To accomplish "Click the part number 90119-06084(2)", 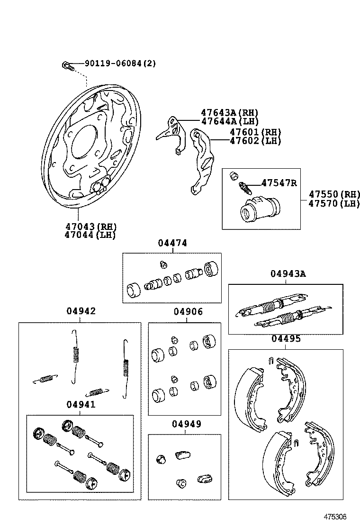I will coord(120,63).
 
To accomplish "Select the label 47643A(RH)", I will coord(229,113).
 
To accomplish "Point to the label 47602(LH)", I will coord(255,141).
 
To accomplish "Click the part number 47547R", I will coord(279,183).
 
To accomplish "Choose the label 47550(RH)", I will coord(334,194).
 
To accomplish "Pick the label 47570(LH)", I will coord(334,203).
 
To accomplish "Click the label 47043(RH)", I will coord(90,227).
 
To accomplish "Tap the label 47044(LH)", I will coord(90,235).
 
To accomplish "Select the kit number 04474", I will coord(172,243).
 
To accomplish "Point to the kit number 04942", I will coord(81,311).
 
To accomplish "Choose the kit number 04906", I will coord(188,311).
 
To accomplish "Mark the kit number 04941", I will coord(81,404).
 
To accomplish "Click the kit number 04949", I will coord(186,424).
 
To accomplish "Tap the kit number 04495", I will coord(286,339).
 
